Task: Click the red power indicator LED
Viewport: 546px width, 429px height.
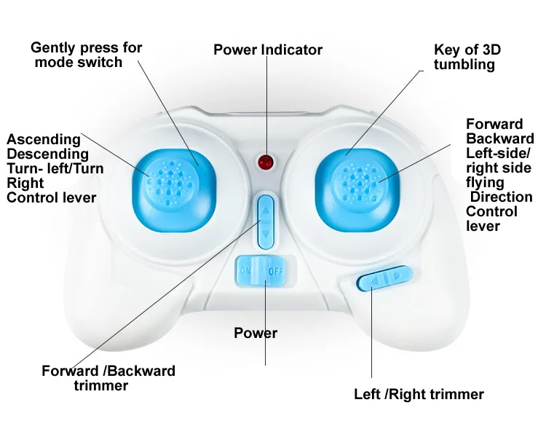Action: tap(265, 162)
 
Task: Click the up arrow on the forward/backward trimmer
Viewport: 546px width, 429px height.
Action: tap(266, 210)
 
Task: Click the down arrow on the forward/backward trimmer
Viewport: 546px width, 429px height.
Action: tap(266, 233)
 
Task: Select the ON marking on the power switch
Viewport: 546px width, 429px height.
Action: tap(245, 270)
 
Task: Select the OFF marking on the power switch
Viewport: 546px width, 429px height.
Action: tap(275, 271)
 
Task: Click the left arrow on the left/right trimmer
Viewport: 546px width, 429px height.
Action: tap(374, 280)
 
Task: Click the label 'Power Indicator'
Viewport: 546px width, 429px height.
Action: tap(268, 50)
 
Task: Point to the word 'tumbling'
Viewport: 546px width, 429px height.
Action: tap(464, 65)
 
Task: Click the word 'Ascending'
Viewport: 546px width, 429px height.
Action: tap(44, 139)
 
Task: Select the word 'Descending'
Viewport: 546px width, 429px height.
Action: tap(48, 154)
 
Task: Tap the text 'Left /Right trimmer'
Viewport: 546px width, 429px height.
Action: tap(419, 394)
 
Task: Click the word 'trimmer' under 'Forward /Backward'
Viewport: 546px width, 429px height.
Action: tap(101, 385)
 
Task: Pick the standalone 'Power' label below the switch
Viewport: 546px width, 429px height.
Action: tap(256, 333)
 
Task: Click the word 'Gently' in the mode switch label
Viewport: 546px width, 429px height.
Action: tap(53, 48)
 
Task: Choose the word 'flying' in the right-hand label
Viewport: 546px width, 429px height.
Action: tap(485, 183)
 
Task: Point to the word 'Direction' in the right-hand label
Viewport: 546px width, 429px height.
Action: tap(502, 197)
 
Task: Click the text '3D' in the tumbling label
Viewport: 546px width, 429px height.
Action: tap(491, 50)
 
